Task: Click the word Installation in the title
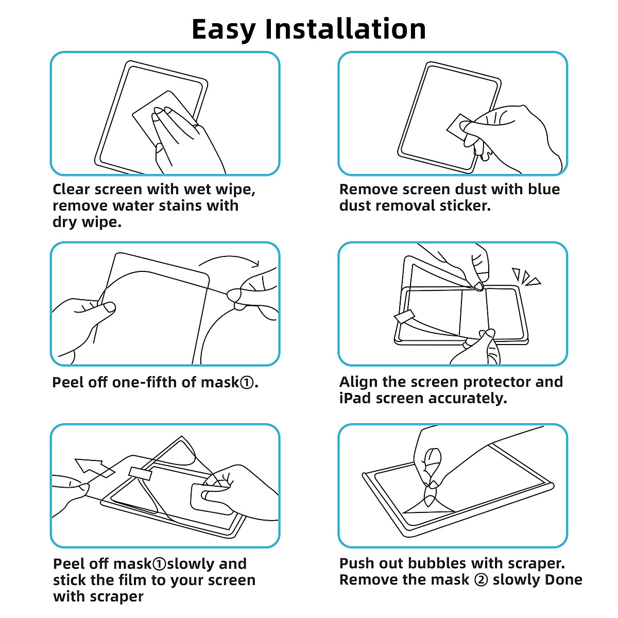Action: tap(345, 29)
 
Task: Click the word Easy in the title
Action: tap(223, 29)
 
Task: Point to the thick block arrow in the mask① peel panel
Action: tap(93, 468)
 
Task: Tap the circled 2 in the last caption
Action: tap(480, 580)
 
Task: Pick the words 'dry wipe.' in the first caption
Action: tap(87, 222)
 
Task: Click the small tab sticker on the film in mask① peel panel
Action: tap(141, 473)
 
